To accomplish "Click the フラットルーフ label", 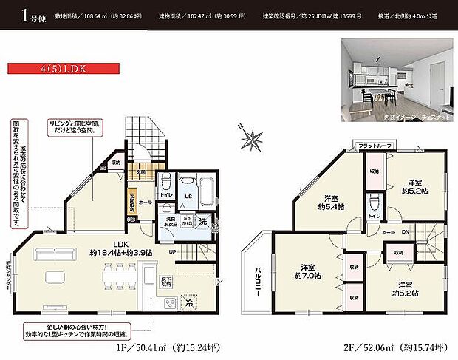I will coord(372,146).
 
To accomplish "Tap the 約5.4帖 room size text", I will coord(331,203).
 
